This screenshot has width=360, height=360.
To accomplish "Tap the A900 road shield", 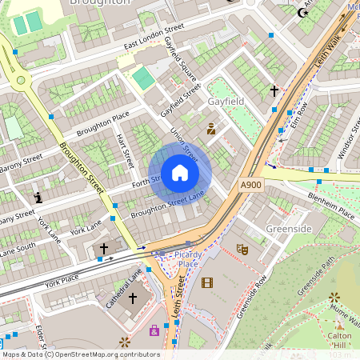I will tap(251, 185).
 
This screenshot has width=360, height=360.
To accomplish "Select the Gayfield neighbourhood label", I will tap(226, 103).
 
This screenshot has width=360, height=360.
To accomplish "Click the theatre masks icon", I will tap(242, 250).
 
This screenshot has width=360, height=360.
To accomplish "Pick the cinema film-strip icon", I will tap(208, 282).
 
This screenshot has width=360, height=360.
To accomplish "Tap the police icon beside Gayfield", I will tap(211, 128).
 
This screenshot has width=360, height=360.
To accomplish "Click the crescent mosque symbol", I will tap(302, 13).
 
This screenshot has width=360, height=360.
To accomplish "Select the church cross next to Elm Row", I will tap(274, 92).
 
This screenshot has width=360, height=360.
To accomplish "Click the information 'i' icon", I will tap(38, 196).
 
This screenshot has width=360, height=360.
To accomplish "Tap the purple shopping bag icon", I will tap(154, 330).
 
